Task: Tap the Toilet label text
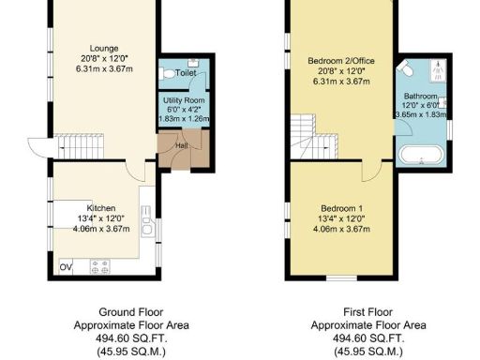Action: coord(186,71)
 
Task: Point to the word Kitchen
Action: coord(102,207)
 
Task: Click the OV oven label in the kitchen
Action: coord(66,267)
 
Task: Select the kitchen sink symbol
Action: coord(148,225)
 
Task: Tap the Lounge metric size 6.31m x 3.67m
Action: coord(103,67)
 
